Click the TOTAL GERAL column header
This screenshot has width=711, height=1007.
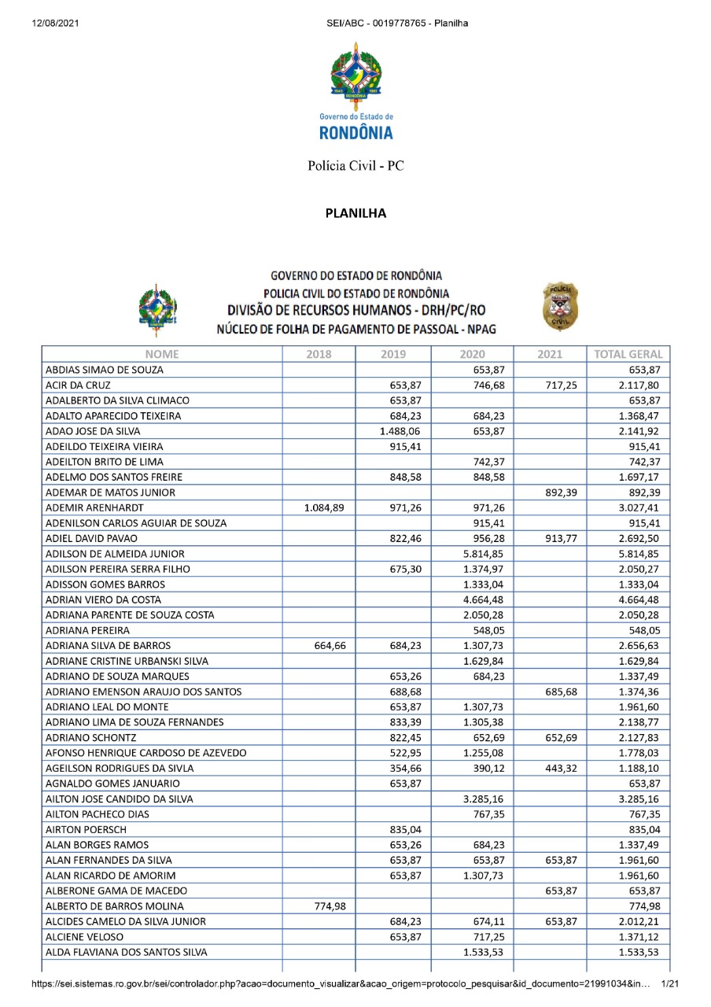628,354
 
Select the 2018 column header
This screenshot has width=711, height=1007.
319,354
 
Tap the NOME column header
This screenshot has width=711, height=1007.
162,354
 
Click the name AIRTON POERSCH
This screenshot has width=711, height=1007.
81,828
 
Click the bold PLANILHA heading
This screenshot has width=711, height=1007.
355,213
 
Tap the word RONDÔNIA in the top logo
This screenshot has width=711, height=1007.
355,133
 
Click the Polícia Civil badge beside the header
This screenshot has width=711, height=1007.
560,307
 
